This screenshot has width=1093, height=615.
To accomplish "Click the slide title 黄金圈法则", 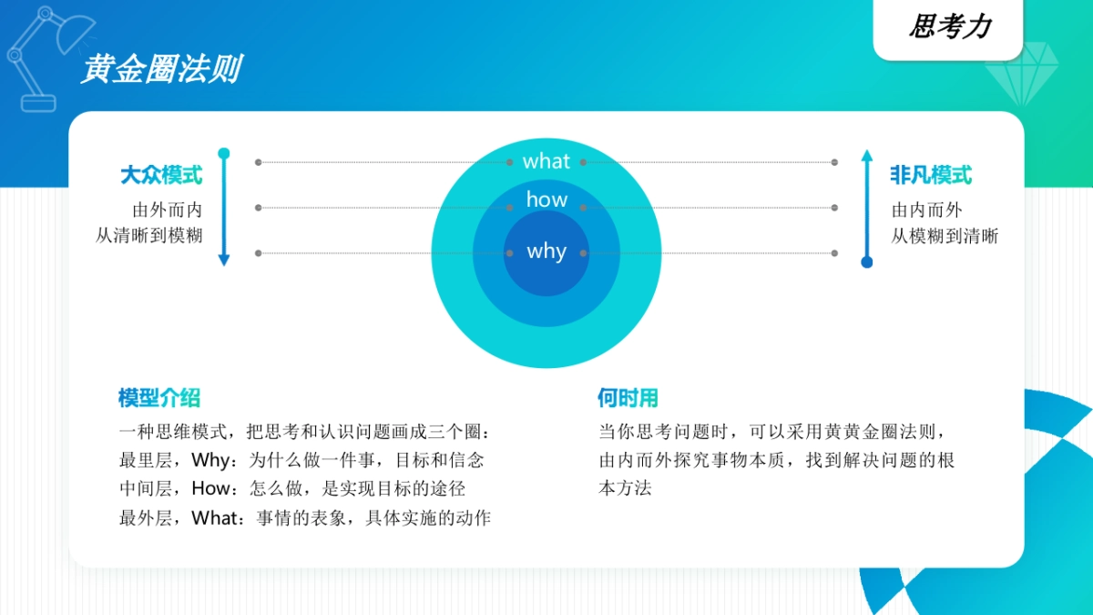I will click(x=160, y=69).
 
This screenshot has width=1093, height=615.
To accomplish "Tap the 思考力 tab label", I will click(x=949, y=27).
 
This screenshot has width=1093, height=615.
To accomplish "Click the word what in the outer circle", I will click(x=546, y=161).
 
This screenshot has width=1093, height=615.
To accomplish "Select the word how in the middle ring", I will click(x=546, y=200).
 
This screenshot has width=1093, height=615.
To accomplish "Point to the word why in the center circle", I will click(x=546, y=251).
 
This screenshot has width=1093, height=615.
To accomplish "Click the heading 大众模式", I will click(x=161, y=175).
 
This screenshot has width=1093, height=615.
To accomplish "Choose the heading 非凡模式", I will click(x=931, y=175).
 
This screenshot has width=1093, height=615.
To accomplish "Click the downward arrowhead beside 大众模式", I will click(x=224, y=261).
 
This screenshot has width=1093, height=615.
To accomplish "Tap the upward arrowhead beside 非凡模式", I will click(x=867, y=154).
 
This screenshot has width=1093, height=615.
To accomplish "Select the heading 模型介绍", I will click(x=159, y=398).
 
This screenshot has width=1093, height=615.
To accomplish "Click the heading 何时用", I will click(x=628, y=398).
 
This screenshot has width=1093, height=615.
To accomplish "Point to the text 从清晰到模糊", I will click(x=149, y=236).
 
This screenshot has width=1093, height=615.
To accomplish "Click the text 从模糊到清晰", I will click(x=945, y=236).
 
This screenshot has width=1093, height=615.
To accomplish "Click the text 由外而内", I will click(x=168, y=210).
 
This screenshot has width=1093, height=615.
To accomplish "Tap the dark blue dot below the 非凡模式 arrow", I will click(x=867, y=262).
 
